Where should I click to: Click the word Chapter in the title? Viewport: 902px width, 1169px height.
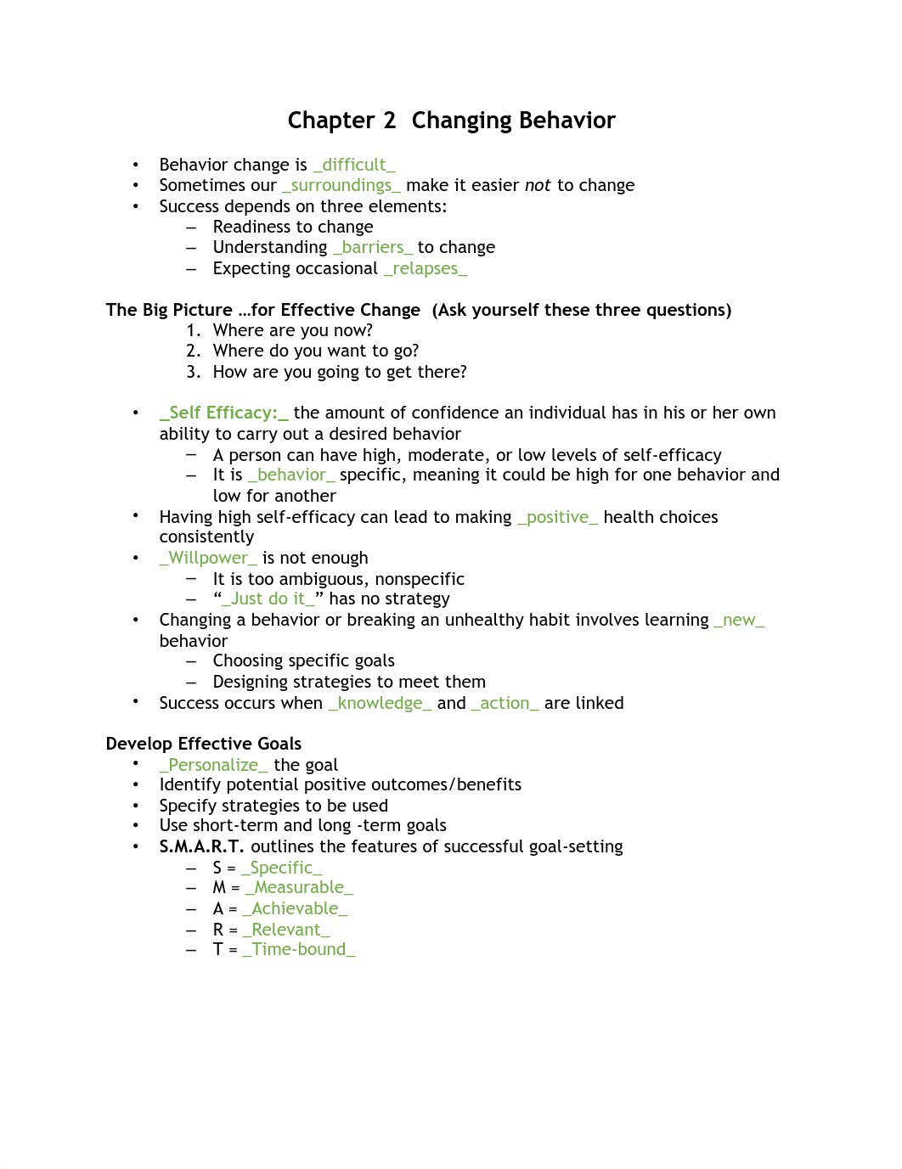[330, 121]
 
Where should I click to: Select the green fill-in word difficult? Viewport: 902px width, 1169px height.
[354, 165]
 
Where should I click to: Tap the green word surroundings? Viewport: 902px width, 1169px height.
[341, 185]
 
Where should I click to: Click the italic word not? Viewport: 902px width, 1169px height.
[538, 185]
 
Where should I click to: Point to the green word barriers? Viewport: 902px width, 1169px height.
[373, 247]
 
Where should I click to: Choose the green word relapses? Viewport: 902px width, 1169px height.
[425, 268]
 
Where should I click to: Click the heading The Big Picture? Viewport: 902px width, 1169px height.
[169, 310]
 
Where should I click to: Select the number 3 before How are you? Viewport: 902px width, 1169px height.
[193, 372]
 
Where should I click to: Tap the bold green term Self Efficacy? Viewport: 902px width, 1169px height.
[223, 413]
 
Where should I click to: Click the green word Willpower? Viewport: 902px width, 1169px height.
[208, 558]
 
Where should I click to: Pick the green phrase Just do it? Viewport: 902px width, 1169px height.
[268, 599]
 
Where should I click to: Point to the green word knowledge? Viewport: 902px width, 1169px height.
[380, 703]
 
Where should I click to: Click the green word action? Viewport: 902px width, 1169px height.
[505, 703]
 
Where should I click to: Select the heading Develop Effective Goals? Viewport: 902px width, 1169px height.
[204, 744]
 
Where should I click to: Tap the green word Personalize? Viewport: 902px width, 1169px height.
[213, 765]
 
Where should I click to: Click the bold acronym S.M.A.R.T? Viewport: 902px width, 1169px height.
[201, 846]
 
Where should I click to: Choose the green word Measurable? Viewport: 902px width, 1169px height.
[299, 887]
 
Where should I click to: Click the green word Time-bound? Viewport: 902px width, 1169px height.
[299, 949]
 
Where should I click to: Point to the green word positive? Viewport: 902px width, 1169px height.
[557, 517]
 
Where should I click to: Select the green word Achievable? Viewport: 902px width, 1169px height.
[295, 908]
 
